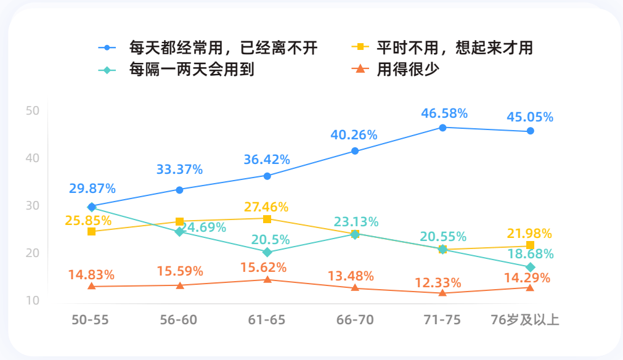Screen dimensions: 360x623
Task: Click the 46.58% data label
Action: point(444,113)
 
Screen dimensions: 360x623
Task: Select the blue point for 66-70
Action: point(355,151)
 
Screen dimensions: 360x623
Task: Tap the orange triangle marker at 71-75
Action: point(442,293)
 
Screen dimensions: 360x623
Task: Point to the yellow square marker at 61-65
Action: point(267,219)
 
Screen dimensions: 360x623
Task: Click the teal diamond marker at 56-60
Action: point(179,232)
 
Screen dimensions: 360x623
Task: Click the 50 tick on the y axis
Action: point(33,111)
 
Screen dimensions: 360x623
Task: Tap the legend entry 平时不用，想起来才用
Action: point(454,47)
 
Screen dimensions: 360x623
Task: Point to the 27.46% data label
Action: point(266,207)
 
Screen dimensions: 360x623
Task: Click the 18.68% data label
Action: point(530,254)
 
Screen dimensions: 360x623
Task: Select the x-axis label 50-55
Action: point(91,320)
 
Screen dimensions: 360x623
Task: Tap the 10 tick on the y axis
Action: point(33,301)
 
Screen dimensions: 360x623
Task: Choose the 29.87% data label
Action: point(92,189)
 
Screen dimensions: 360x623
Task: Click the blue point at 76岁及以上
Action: point(530,131)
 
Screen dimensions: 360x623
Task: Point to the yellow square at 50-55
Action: point(91,231)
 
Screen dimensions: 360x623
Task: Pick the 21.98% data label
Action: point(529,234)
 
